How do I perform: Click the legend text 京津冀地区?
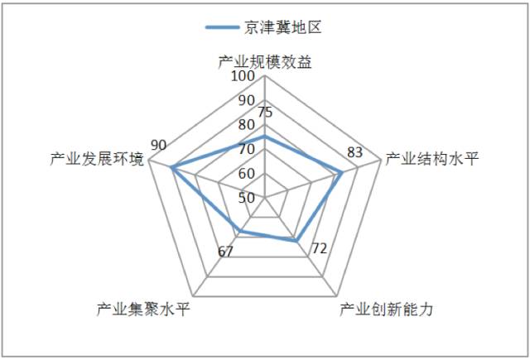click(x=282, y=26)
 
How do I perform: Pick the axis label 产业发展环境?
click(x=97, y=159)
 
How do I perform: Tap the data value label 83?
click(x=355, y=152)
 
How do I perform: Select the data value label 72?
click(x=320, y=248)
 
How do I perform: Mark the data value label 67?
click(x=225, y=252)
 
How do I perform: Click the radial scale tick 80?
click(x=246, y=125)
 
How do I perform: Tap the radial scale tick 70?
click(x=246, y=150)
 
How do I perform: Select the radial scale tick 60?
click(x=246, y=174)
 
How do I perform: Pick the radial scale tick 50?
click(x=246, y=198)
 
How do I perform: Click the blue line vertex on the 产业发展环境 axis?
click(x=172, y=168)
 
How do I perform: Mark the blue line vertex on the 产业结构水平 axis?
click(x=341, y=173)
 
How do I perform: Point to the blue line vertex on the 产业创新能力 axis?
click(x=296, y=240)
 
